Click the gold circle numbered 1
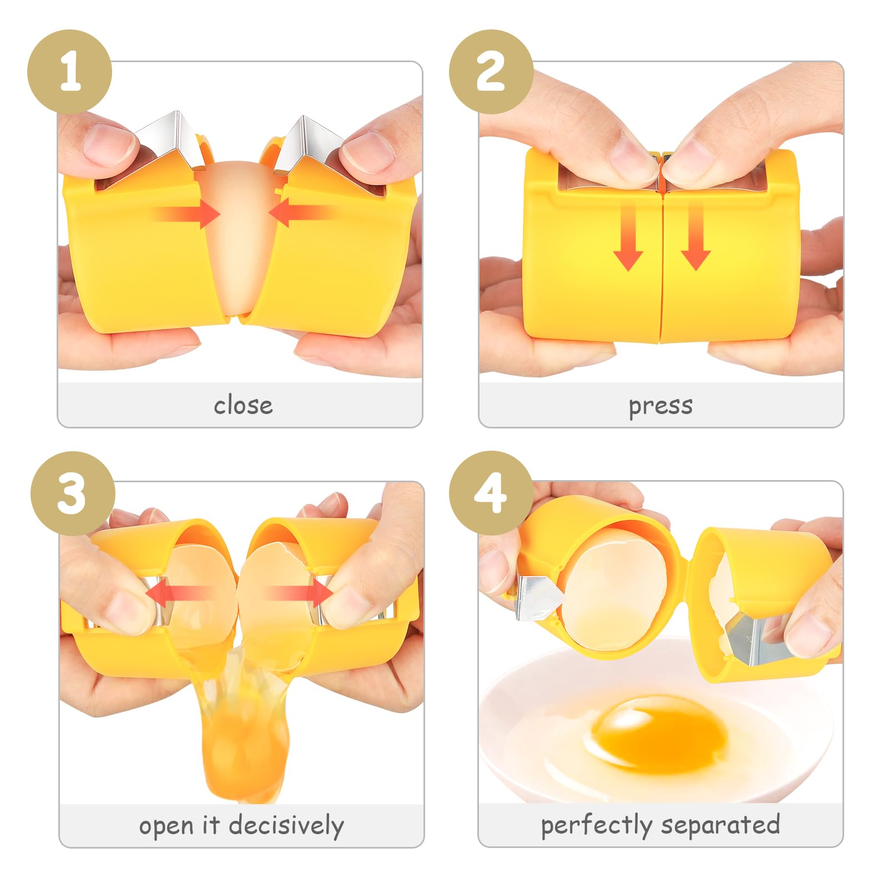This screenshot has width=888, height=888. pyautogui.click(x=70, y=72)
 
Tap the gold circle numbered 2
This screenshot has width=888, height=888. pyautogui.click(x=491, y=72)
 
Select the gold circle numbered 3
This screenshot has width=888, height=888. pyautogui.click(x=73, y=493)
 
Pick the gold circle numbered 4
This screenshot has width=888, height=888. pyautogui.click(x=491, y=493)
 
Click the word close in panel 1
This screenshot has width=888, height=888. pyautogui.click(x=243, y=405)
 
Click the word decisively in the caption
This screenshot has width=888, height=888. pyautogui.click(x=286, y=826)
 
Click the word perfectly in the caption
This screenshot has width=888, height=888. pyautogui.click(x=597, y=826)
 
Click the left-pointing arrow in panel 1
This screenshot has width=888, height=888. pyautogui.click(x=302, y=213)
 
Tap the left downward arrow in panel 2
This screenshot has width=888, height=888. pyautogui.click(x=628, y=236)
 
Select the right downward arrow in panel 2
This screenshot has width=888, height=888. pyautogui.click(x=696, y=236)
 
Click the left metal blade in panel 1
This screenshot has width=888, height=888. pyautogui.click(x=167, y=142)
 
